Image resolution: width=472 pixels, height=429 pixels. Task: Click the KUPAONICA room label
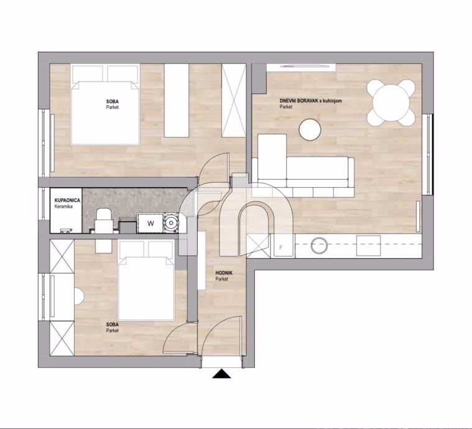tap(67, 200)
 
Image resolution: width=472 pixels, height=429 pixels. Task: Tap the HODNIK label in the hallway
tap(224, 273)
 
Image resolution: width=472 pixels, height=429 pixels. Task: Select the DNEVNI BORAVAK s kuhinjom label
tap(311, 101)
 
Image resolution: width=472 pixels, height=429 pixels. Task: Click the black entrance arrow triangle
tap(221, 374)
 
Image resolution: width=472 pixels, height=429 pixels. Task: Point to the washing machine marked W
tap(150, 223)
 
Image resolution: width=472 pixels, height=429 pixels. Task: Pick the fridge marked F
tap(282, 246)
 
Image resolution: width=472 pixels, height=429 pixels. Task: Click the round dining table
tap(391, 103)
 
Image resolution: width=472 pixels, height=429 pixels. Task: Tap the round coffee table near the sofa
tap(310, 129)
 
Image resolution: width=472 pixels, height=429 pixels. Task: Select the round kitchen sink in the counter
tap(319, 245)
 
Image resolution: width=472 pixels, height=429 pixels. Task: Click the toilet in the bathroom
tap(104, 221)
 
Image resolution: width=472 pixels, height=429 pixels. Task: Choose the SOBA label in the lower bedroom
tap(113, 325)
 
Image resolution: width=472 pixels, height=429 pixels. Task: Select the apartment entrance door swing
tap(222, 336)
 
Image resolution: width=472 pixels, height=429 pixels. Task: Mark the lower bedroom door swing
tap(179, 338)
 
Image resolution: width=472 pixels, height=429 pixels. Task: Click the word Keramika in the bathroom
tap(63, 206)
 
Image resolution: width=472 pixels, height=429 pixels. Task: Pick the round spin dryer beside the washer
tap(170, 223)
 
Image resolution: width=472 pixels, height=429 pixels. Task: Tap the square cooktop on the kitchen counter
tap(368, 246)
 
